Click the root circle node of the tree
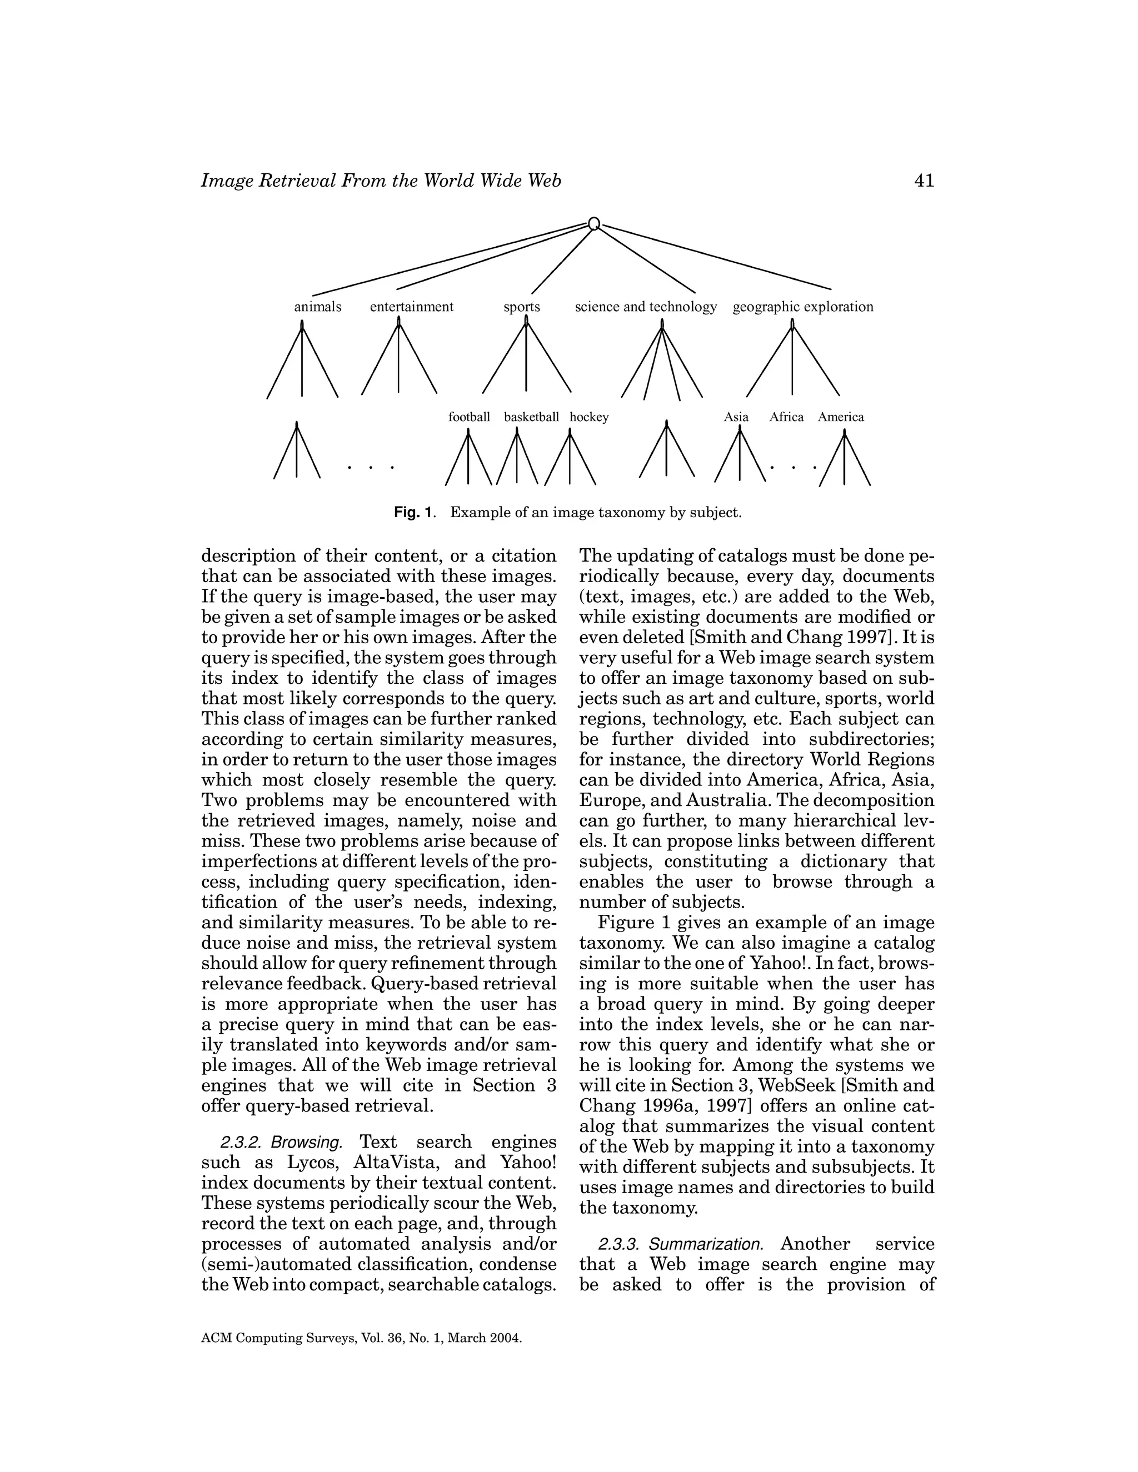point(593,223)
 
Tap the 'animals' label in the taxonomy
point(317,307)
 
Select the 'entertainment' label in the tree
point(411,307)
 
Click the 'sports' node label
point(522,307)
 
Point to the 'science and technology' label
point(645,307)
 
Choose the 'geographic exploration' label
point(802,307)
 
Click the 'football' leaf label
point(469,417)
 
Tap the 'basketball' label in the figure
point(531,417)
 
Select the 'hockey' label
point(588,417)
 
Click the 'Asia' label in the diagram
point(736,417)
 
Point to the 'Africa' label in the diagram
point(786,417)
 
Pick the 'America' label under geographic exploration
point(841,417)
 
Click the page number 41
point(924,181)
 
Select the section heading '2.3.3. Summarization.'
point(680,1244)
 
